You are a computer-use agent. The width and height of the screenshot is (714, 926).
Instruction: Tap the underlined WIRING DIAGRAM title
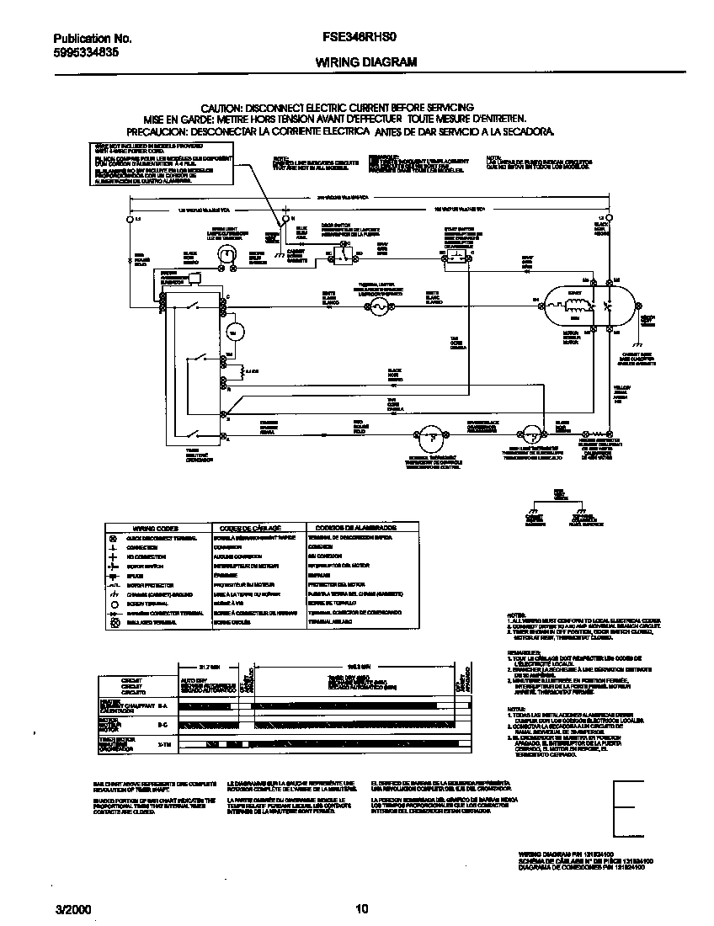(x=354, y=62)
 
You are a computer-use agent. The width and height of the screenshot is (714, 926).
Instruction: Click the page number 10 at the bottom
(x=360, y=908)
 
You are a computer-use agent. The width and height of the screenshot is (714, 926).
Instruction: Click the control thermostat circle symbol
(x=429, y=434)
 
